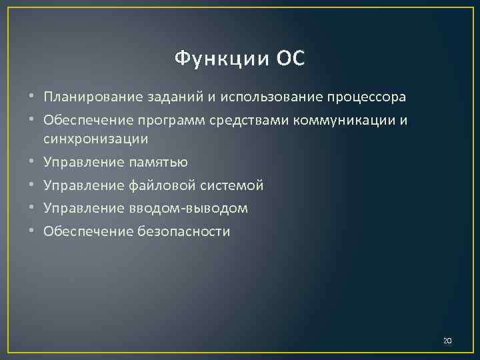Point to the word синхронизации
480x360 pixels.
point(95,139)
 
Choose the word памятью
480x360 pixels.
point(160,162)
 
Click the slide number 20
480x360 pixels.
point(447,341)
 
